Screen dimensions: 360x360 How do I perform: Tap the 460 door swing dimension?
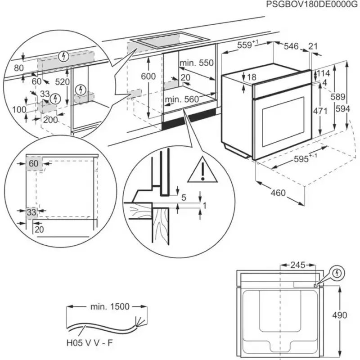tap(278, 193)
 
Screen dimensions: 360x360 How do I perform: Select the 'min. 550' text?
tap(196, 63)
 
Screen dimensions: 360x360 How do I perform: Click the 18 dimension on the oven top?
tap(251, 77)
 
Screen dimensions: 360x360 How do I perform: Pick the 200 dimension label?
tap(50, 120)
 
